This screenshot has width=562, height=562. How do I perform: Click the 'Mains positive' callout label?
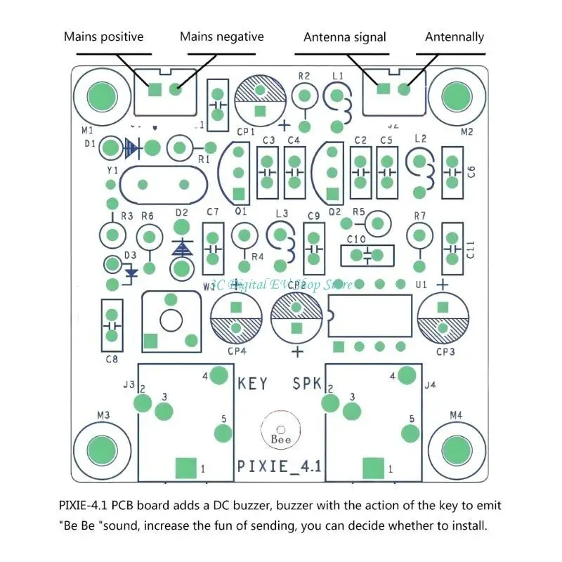[103, 37]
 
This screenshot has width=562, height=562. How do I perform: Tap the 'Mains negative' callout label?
[221, 37]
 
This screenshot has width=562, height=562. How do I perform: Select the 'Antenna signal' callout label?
[344, 37]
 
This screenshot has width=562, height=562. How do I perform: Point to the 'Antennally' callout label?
[455, 37]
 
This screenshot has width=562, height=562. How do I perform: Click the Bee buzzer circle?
[279, 430]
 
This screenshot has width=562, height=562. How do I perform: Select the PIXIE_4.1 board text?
[279, 466]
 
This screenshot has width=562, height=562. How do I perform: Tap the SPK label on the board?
[307, 384]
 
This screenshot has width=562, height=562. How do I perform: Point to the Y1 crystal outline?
[164, 185]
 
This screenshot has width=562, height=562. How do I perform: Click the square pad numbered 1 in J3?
[185, 467]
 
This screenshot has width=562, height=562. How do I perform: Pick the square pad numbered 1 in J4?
[374, 467]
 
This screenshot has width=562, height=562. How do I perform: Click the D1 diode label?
[90, 143]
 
